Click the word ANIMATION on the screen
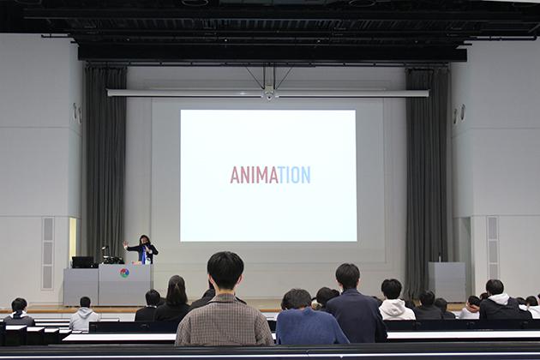[x=270, y=175]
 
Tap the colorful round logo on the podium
[x=124, y=273]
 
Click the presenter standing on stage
[x=143, y=249]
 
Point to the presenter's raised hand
[x=126, y=244]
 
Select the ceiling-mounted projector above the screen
[x=268, y=93]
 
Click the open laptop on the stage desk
[x=83, y=261]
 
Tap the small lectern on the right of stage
[x=447, y=281]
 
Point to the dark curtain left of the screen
[x=105, y=162]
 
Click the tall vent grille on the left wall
[x=47, y=253]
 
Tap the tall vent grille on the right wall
[x=493, y=249]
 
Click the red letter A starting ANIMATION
[x=235, y=175]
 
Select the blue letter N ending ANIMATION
[x=306, y=175]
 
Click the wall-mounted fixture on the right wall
[x=459, y=113]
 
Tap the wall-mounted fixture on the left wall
[x=77, y=112]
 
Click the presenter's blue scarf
[x=144, y=255]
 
